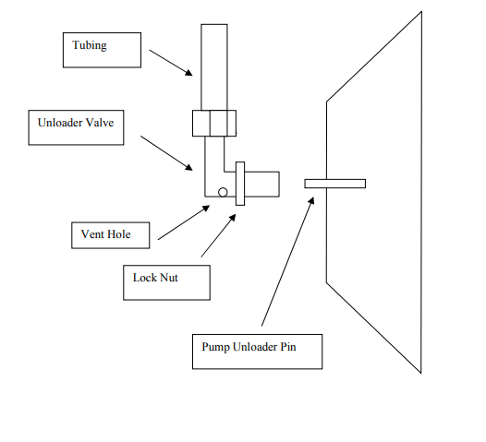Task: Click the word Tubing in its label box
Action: click(90, 45)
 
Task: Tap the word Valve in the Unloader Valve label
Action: click(100, 123)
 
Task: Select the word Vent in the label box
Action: click(92, 234)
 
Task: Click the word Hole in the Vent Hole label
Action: click(118, 234)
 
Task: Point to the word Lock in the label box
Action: click(144, 278)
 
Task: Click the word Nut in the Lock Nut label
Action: click(168, 278)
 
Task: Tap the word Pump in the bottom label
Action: click(215, 347)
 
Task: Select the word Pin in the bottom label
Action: click(288, 347)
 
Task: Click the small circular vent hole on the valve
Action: click(223, 192)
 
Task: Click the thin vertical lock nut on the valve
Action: click(240, 184)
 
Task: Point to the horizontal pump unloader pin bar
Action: click(335, 184)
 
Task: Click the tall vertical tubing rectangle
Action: click(214, 67)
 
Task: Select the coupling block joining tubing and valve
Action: click(214, 124)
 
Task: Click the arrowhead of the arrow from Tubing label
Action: click(189, 73)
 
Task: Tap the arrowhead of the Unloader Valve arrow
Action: click(189, 168)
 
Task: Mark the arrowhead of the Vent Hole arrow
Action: click(206, 208)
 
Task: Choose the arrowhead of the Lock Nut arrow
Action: click(233, 217)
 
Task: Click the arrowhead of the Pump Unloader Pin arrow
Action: click(311, 200)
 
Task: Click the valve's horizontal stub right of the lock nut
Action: click(261, 185)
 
